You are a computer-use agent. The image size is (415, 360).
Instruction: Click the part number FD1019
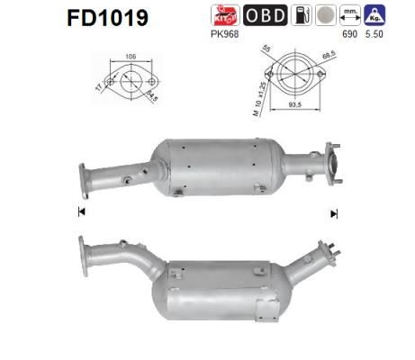click(104, 18)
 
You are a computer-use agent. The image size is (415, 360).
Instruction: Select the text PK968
click(222, 35)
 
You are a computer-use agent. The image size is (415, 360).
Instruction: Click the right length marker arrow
click(334, 213)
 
